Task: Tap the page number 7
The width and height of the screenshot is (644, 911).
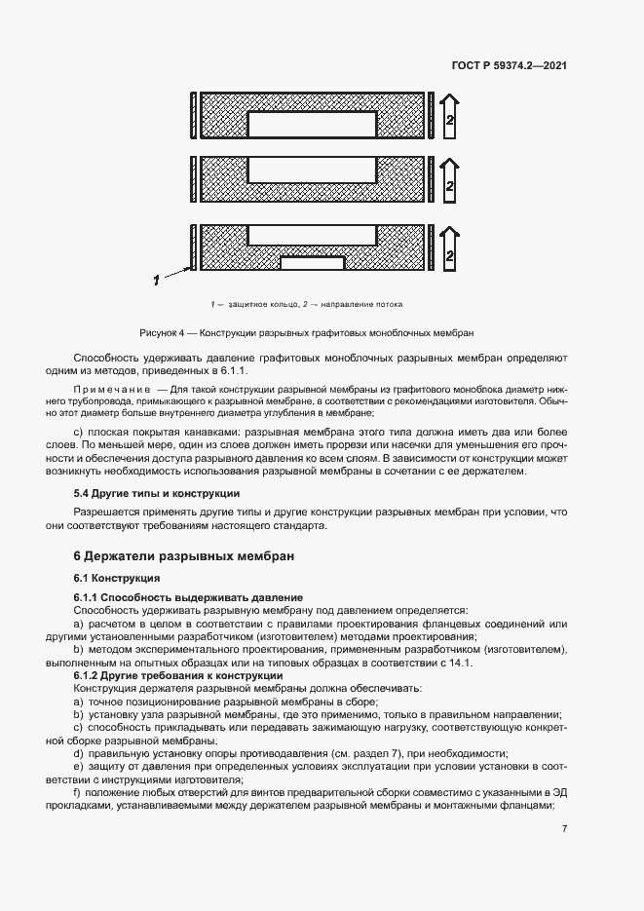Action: (565, 828)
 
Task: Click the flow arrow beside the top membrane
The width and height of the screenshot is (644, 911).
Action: (450, 120)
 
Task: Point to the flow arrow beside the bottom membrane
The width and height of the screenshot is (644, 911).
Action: (450, 247)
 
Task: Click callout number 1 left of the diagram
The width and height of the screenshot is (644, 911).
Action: (155, 280)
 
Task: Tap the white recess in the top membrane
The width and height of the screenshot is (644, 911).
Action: (312, 124)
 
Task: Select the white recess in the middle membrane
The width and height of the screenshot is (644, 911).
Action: (312, 170)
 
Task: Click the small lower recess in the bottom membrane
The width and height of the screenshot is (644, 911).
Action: (312, 262)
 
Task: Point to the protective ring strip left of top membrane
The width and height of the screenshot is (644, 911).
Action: (195, 120)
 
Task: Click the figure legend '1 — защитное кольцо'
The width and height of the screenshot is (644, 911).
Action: (257, 304)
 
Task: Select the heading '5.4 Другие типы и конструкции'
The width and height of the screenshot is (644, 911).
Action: (150, 494)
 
